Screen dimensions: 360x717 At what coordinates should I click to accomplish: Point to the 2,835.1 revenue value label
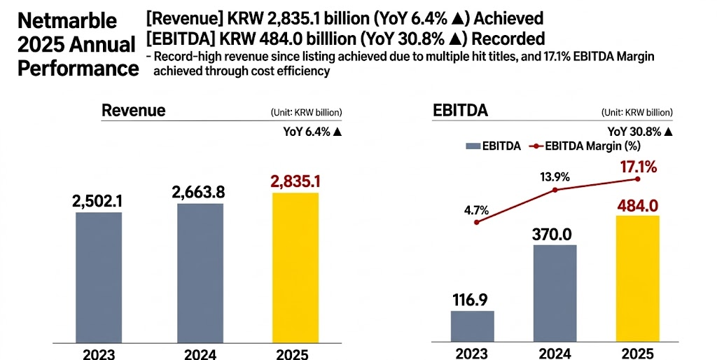pos(295,182)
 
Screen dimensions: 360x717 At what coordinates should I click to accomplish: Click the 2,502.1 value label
pos(98,201)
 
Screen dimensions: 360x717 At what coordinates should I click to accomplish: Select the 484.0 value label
pos(637,205)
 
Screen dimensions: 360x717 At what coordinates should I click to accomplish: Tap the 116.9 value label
pos(473,300)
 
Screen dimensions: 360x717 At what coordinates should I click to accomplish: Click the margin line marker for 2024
pos(555,190)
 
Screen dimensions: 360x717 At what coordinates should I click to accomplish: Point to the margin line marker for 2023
pos(476,222)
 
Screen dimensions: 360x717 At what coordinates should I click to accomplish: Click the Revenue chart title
pos(134,111)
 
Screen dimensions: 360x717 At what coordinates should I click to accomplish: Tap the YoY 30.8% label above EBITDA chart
pos(640,131)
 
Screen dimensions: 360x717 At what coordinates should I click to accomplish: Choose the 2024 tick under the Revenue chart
pos(200,354)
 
